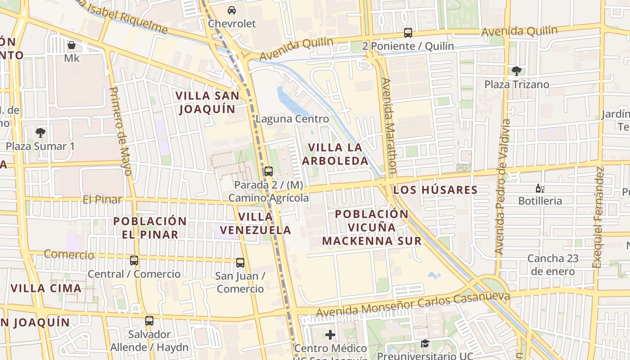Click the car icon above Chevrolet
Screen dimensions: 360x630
coord(231,10)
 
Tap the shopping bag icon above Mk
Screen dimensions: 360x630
coord(72,45)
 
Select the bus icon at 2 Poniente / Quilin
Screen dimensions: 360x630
coord(408,33)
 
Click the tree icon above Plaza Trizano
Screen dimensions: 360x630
coord(516,71)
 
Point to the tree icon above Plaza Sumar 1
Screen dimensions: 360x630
coord(40,133)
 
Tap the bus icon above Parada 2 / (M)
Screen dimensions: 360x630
coord(269,171)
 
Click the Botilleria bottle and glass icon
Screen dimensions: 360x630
coord(540,189)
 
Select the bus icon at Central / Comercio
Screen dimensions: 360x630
coord(134,261)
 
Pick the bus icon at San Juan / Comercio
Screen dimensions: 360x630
coord(240,263)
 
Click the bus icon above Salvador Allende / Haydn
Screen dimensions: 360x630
coord(149,321)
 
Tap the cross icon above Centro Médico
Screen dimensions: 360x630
coord(330,335)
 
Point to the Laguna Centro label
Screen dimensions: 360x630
coord(292,119)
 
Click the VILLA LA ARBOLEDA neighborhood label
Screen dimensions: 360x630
coord(335,154)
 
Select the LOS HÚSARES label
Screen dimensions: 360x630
coord(435,190)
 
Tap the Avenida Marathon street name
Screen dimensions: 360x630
coord(389,126)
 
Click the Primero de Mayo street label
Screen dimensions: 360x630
coord(121,130)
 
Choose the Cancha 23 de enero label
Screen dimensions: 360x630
coord(553,265)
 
